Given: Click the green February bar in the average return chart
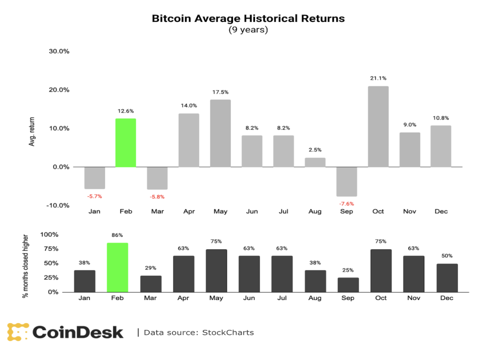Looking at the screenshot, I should pos(126,142).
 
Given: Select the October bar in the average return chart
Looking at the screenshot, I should pos(378,127).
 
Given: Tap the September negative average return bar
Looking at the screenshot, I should pos(346,181).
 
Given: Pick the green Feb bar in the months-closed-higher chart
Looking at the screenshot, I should pos(118,267).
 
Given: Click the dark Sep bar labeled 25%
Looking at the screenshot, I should pos(348,285).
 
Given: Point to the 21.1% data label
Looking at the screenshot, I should pos(378,78).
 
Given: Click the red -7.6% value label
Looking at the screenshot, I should pos(346,204).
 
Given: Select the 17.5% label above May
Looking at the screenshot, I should pos(220,92).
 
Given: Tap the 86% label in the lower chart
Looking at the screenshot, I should pos(118,234).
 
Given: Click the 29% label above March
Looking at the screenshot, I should pos(151,268).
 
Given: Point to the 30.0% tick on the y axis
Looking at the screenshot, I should pos(59,52).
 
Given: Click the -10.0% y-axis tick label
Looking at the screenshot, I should pos(59,205).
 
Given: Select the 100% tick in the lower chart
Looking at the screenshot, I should pos(50,234).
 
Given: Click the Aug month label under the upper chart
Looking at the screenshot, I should pos(315,211).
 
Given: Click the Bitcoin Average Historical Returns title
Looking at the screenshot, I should pos(248,19).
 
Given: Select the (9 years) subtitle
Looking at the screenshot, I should pos(248,30).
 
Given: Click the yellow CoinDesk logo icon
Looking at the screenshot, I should pos(18,332).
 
